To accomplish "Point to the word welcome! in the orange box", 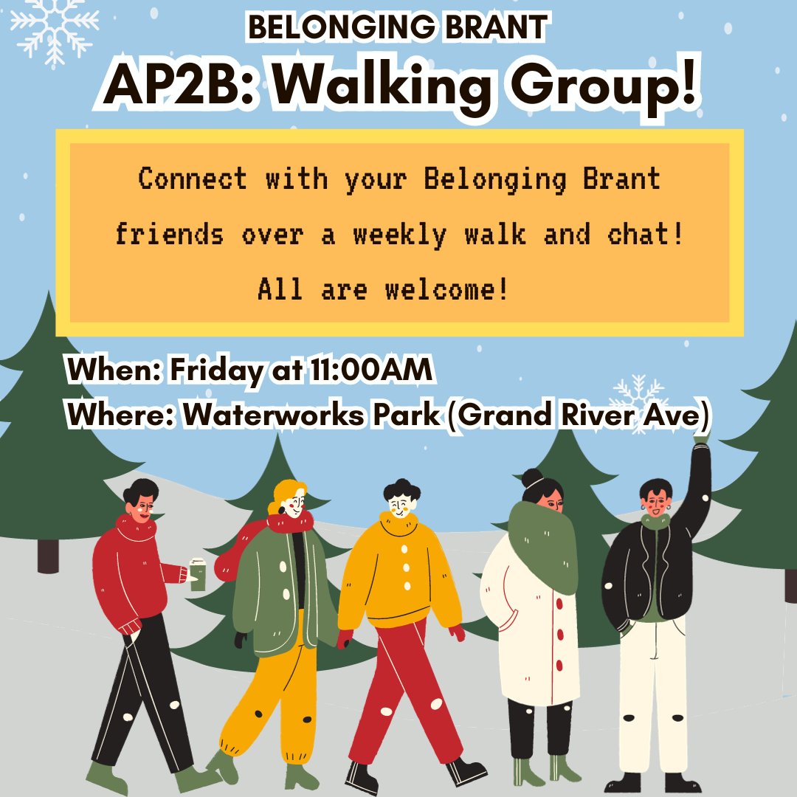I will [x=446, y=289].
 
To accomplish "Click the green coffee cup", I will [x=197, y=574].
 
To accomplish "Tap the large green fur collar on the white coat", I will [x=544, y=542].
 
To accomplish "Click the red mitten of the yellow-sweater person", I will [x=458, y=633].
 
